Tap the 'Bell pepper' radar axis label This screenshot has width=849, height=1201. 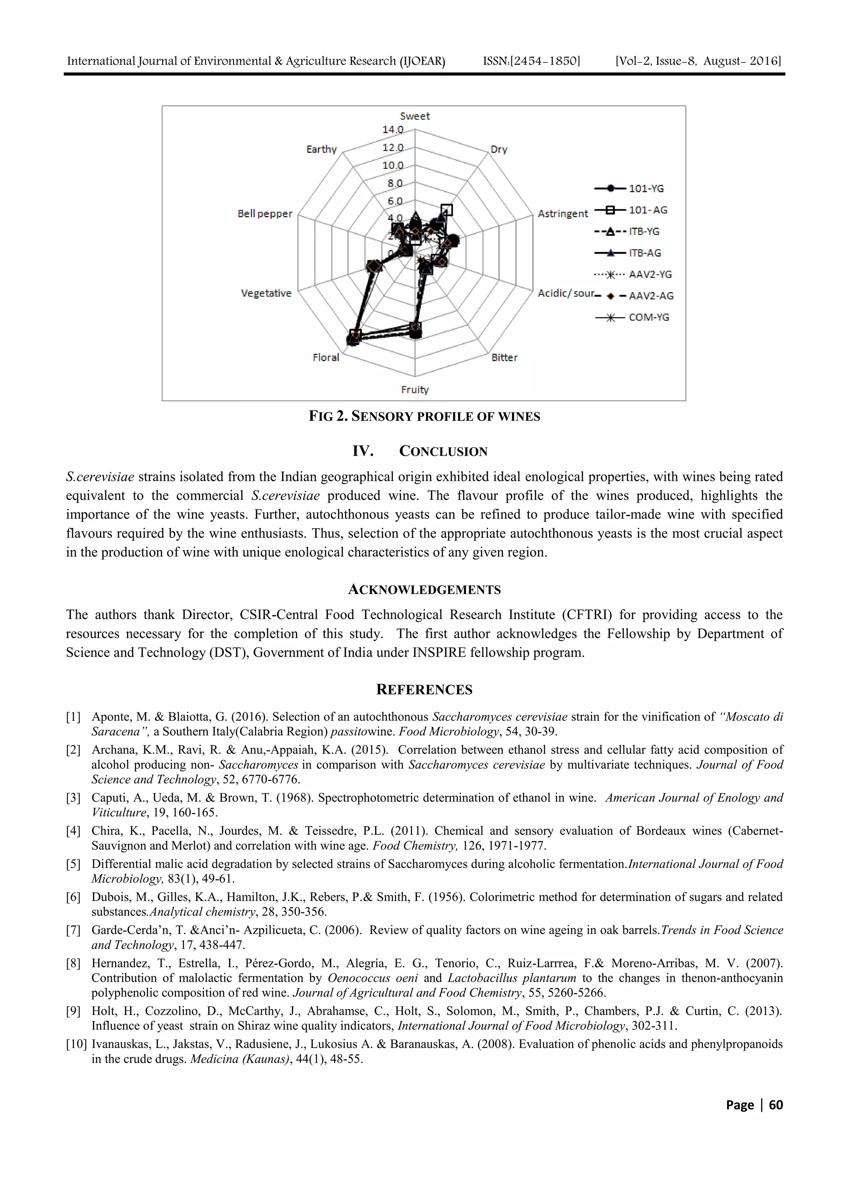point(265,214)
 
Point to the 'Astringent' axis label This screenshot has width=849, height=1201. point(563,214)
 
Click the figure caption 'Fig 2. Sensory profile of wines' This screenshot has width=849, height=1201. point(424,416)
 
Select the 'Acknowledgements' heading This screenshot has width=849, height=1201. point(424,590)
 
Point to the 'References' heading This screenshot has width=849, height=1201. point(424,689)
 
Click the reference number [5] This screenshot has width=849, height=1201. point(73,864)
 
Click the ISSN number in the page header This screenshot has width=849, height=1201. point(531,61)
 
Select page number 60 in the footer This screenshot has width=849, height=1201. point(776,1105)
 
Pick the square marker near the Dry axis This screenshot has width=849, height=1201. point(446,210)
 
